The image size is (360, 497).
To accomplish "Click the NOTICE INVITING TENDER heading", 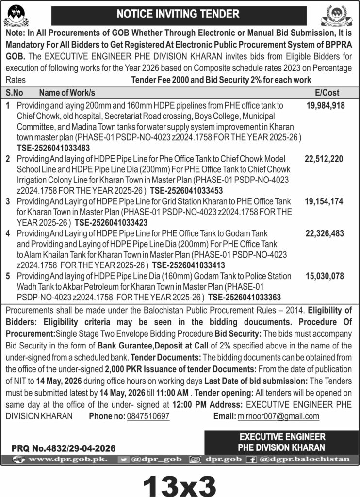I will click(x=180, y=15).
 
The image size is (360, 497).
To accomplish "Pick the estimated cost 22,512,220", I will click(x=324, y=159).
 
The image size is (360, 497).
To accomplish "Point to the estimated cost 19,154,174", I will click(x=324, y=200).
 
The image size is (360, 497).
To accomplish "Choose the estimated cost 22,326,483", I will click(x=324, y=234).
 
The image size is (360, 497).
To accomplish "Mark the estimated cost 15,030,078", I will click(x=325, y=276).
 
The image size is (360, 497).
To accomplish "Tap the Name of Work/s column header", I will click(x=67, y=92).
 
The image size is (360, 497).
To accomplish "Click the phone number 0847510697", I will click(x=147, y=416).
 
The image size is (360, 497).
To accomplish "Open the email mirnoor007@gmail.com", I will click(x=278, y=416).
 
